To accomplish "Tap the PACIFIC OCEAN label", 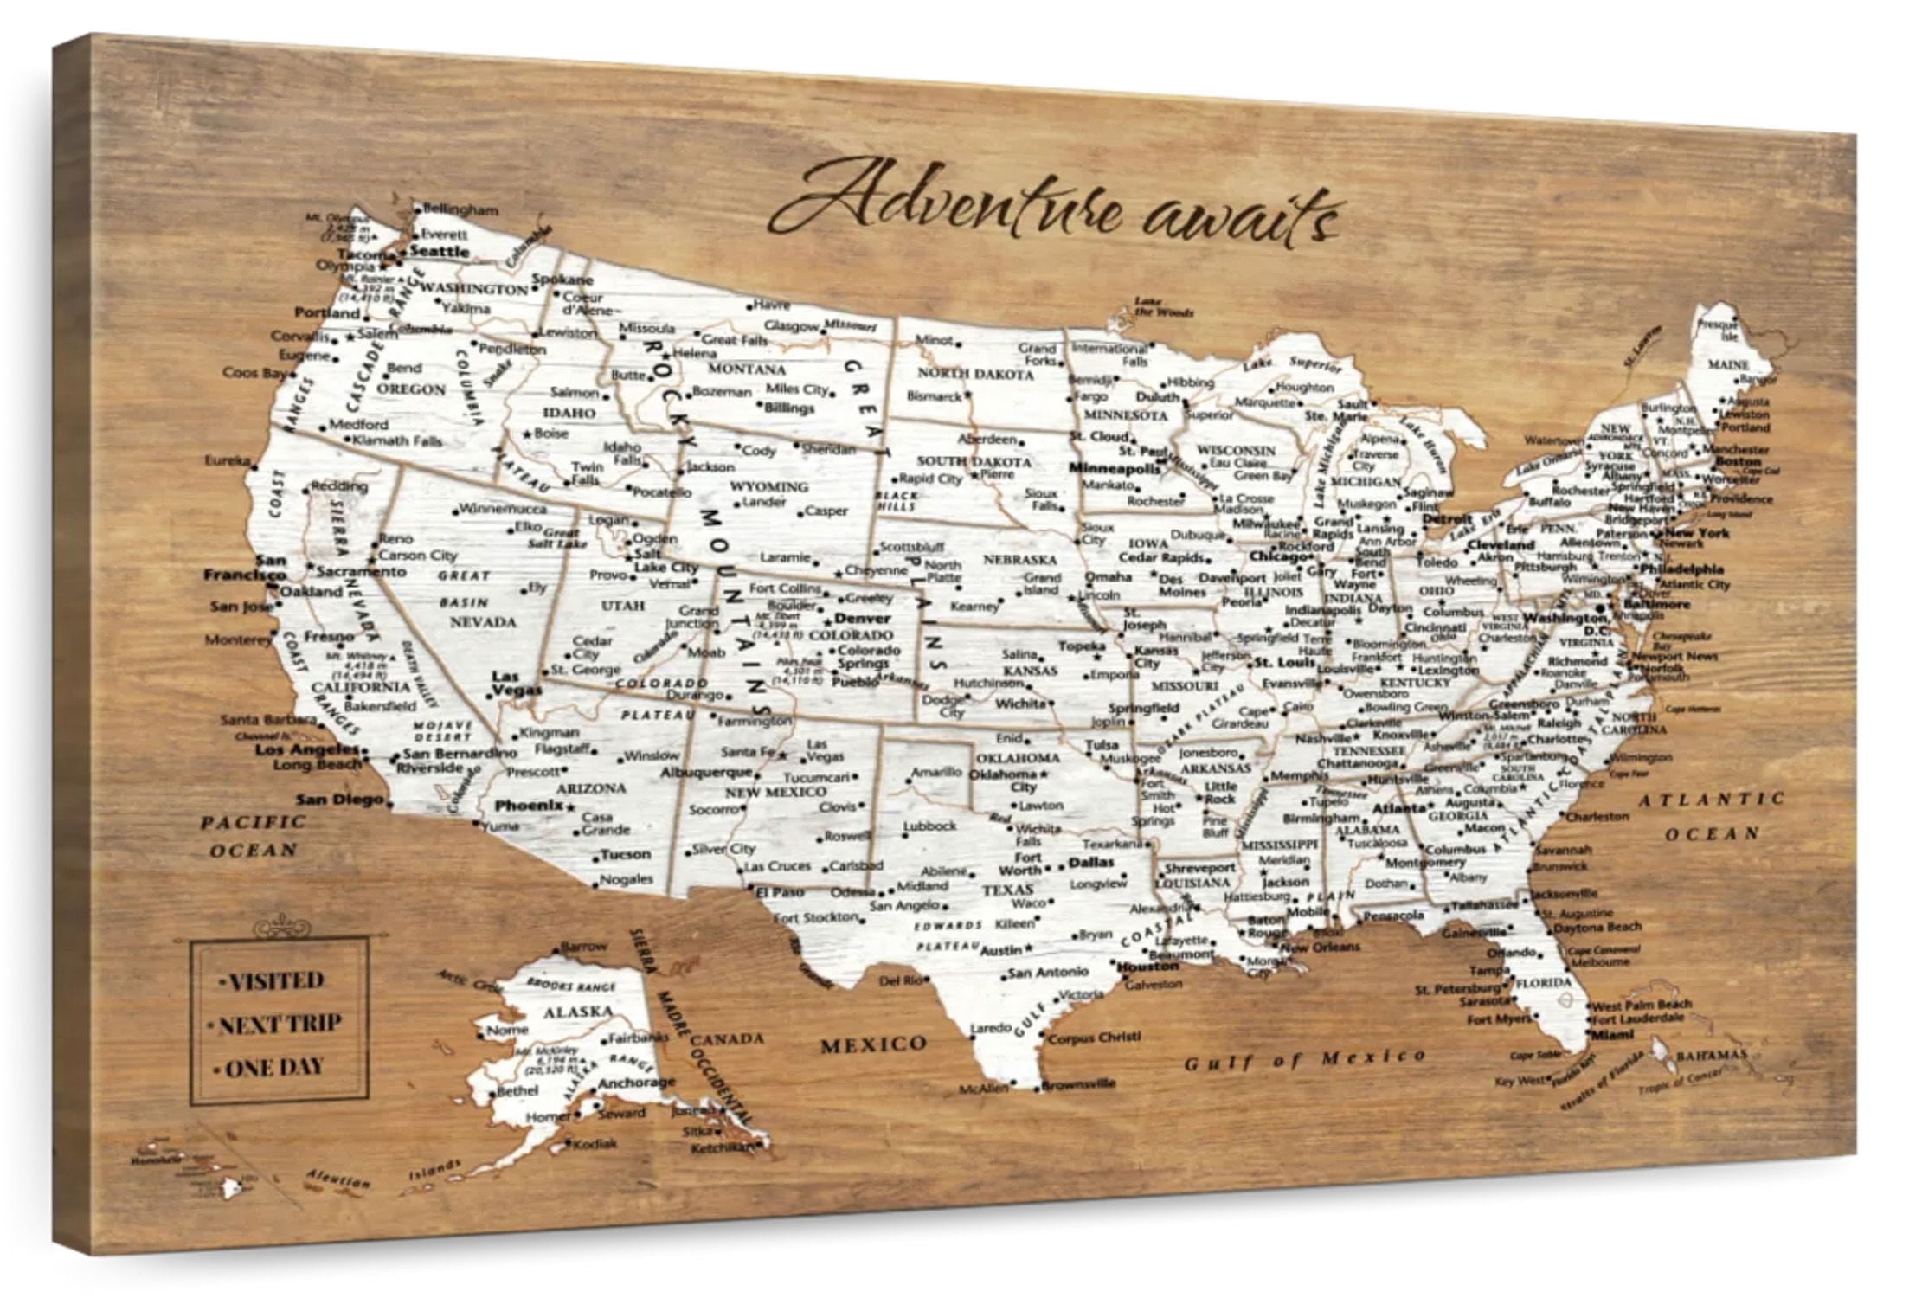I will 253,835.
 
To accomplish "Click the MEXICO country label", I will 872,1044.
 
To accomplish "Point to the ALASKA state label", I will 577,1011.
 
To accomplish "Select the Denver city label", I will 862,619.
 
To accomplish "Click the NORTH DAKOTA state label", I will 975,374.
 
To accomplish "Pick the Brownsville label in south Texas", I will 1078,1083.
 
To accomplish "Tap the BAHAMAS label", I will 1711,1055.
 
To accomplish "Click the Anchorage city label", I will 636,1083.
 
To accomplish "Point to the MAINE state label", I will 1728,365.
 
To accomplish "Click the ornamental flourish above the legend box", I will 280,927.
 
